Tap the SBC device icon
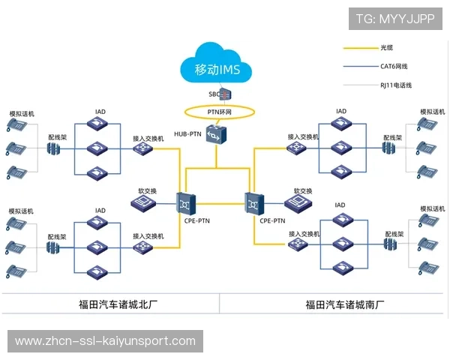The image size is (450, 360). point(223,94)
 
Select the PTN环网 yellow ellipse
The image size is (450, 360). point(220,112)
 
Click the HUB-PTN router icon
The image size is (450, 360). point(216,134)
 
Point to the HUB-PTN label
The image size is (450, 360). point(187,134)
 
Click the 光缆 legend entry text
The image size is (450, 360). point(388,48)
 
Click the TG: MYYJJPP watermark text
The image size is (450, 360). point(394,19)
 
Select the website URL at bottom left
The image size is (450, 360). point(105,341)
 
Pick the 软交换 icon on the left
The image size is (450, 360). point(147,205)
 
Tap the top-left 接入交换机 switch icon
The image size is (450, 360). point(143,149)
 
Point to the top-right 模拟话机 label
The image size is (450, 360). point(432,112)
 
